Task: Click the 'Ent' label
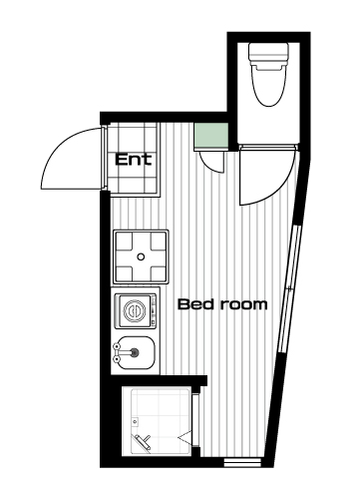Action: (x=134, y=160)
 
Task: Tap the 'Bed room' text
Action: (x=222, y=304)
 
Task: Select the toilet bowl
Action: (x=269, y=85)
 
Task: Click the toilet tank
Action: (x=268, y=53)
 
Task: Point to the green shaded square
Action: (x=210, y=136)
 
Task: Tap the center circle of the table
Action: (x=142, y=256)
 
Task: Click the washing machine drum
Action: (x=135, y=311)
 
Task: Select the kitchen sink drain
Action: (x=135, y=352)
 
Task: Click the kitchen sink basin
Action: (x=137, y=352)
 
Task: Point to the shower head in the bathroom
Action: (x=143, y=441)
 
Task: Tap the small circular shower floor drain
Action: (x=135, y=422)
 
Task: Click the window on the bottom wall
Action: (x=242, y=463)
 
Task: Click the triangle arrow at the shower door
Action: (x=185, y=437)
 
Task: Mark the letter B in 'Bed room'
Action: (x=183, y=304)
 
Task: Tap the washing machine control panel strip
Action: (x=154, y=311)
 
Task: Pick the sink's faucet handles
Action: (x=116, y=352)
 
